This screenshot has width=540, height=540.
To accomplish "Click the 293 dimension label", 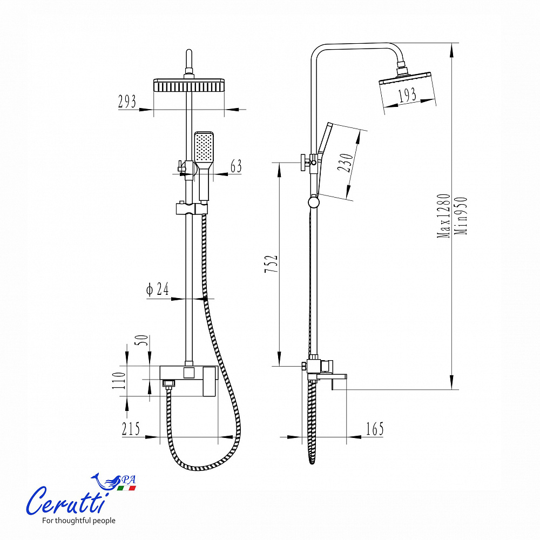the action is coord(127,102).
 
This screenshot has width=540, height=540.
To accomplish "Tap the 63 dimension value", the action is coord(237,166).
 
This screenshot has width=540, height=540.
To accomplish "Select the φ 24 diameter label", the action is coord(158,289).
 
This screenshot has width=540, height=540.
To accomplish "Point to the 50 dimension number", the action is coord(143,340).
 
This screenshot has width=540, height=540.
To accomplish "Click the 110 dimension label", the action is coord(119,380).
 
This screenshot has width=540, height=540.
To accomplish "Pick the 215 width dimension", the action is coord(131,429).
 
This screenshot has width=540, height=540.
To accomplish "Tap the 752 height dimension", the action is coord(271,264).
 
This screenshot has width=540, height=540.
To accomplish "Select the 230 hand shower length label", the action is coord(345,163).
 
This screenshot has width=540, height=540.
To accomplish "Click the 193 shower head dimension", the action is coord(407,95).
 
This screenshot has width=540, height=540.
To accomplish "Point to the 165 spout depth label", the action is coord(375,429).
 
